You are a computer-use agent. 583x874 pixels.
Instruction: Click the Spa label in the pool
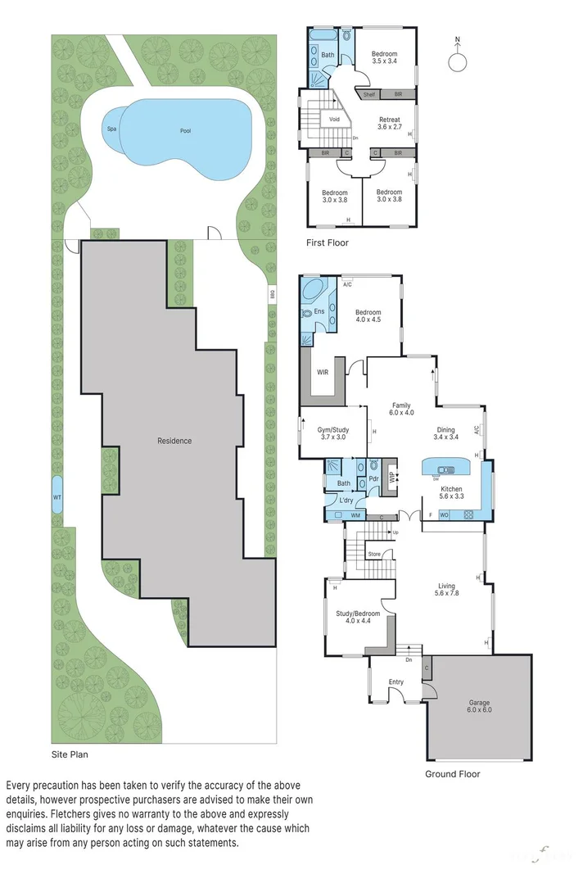(110, 129)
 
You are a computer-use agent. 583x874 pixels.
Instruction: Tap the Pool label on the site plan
(187, 131)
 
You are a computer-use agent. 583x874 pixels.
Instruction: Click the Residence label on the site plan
(174, 441)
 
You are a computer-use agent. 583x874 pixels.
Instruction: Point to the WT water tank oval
(56, 498)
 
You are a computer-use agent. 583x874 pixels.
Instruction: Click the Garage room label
(480, 706)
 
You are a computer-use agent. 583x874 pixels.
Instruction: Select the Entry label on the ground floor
(396, 682)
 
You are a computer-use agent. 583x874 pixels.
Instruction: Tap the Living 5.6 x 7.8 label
(446, 591)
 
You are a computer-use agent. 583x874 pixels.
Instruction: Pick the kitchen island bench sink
(446, 469)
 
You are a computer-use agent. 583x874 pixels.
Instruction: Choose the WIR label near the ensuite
(323, 372)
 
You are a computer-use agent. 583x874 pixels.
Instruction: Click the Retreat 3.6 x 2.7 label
(389, 124)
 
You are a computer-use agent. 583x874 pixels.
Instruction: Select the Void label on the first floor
(334, 120)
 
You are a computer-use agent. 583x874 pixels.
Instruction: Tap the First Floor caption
(328, 242)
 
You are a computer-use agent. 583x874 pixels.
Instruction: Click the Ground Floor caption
(452, 773)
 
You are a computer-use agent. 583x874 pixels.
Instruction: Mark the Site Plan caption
(69, 754)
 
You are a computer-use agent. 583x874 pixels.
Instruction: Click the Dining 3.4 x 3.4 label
(445, 433)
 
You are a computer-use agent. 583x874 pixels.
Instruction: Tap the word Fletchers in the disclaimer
(72, 815)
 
